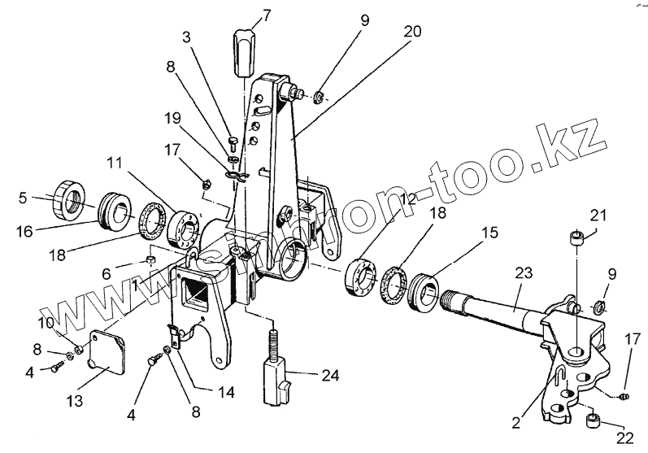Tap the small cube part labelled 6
150,259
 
